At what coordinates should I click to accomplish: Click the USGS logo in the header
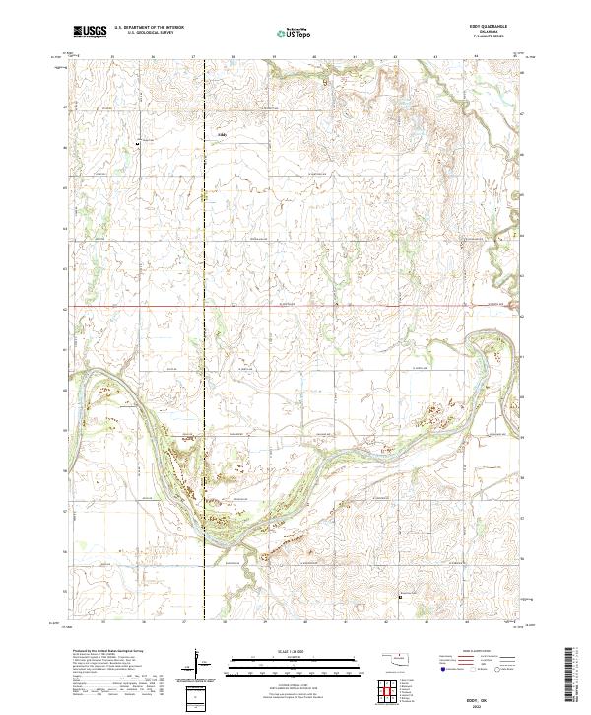point(90,33)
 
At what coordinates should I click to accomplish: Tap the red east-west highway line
point(295,306)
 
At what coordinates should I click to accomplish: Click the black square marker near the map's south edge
point(400,595)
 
